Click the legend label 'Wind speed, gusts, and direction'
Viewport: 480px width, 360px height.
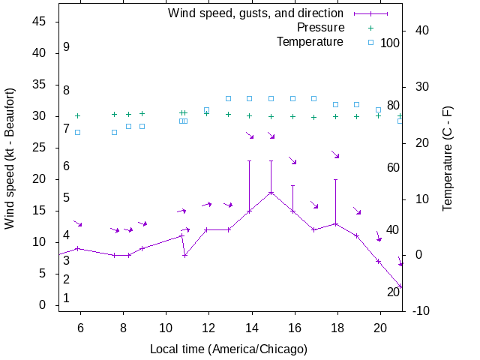point(256,13)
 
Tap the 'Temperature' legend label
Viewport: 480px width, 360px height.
point(310,41)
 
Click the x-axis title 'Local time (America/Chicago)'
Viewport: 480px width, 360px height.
point(229,349)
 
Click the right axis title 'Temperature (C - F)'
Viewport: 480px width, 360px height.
point(448,158)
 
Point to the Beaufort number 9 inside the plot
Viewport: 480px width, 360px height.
point(67,47)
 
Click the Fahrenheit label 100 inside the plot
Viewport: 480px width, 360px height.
point(390,43)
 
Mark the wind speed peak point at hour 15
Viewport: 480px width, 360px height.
point(271,192)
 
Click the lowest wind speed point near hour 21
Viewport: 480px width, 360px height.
point(400,286)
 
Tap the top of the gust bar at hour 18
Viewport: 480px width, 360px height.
point(336,179)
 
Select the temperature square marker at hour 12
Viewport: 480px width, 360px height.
point(207,110)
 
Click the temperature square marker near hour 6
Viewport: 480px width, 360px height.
point(77,132)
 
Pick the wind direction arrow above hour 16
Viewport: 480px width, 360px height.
point(293,160)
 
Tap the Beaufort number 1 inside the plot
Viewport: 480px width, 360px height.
point(67,298)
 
